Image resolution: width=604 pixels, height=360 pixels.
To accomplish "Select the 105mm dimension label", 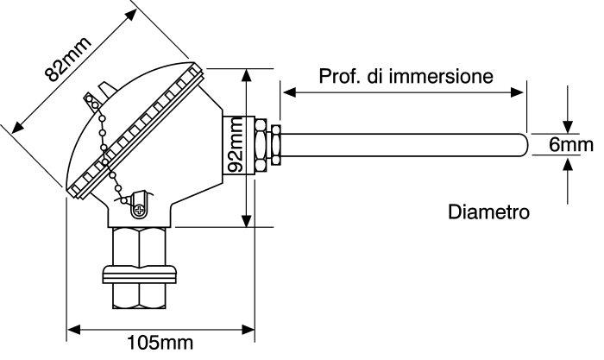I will pyautogui.click(x=160, y=344).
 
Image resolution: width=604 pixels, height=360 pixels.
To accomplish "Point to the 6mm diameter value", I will pyautogui.click(x=571, y=144).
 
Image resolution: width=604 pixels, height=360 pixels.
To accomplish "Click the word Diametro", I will pyautogui.click(x=488, y=211).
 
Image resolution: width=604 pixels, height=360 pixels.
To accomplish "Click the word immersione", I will pyautogui.click(x=441, y=76).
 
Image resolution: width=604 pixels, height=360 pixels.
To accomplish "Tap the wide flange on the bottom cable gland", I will pyautogui.click(x=140, y=275).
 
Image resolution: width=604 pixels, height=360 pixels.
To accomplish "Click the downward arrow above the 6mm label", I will pyautogui.click(x=566, y=122).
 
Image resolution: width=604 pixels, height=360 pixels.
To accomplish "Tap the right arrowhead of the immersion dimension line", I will pyautogui.click(x=520, y=90).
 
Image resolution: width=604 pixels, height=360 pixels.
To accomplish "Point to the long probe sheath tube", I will pyautogui.click(x=397, y=144).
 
